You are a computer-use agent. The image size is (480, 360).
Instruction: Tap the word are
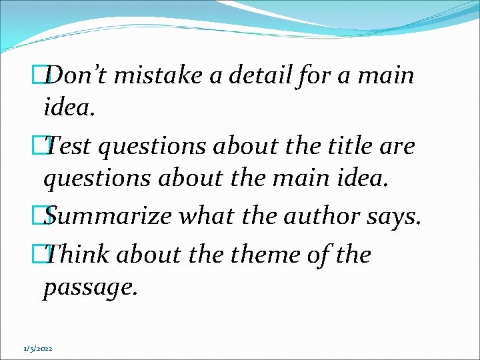pos(398,146)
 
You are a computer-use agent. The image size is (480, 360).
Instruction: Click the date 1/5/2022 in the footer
pos(38,348)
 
